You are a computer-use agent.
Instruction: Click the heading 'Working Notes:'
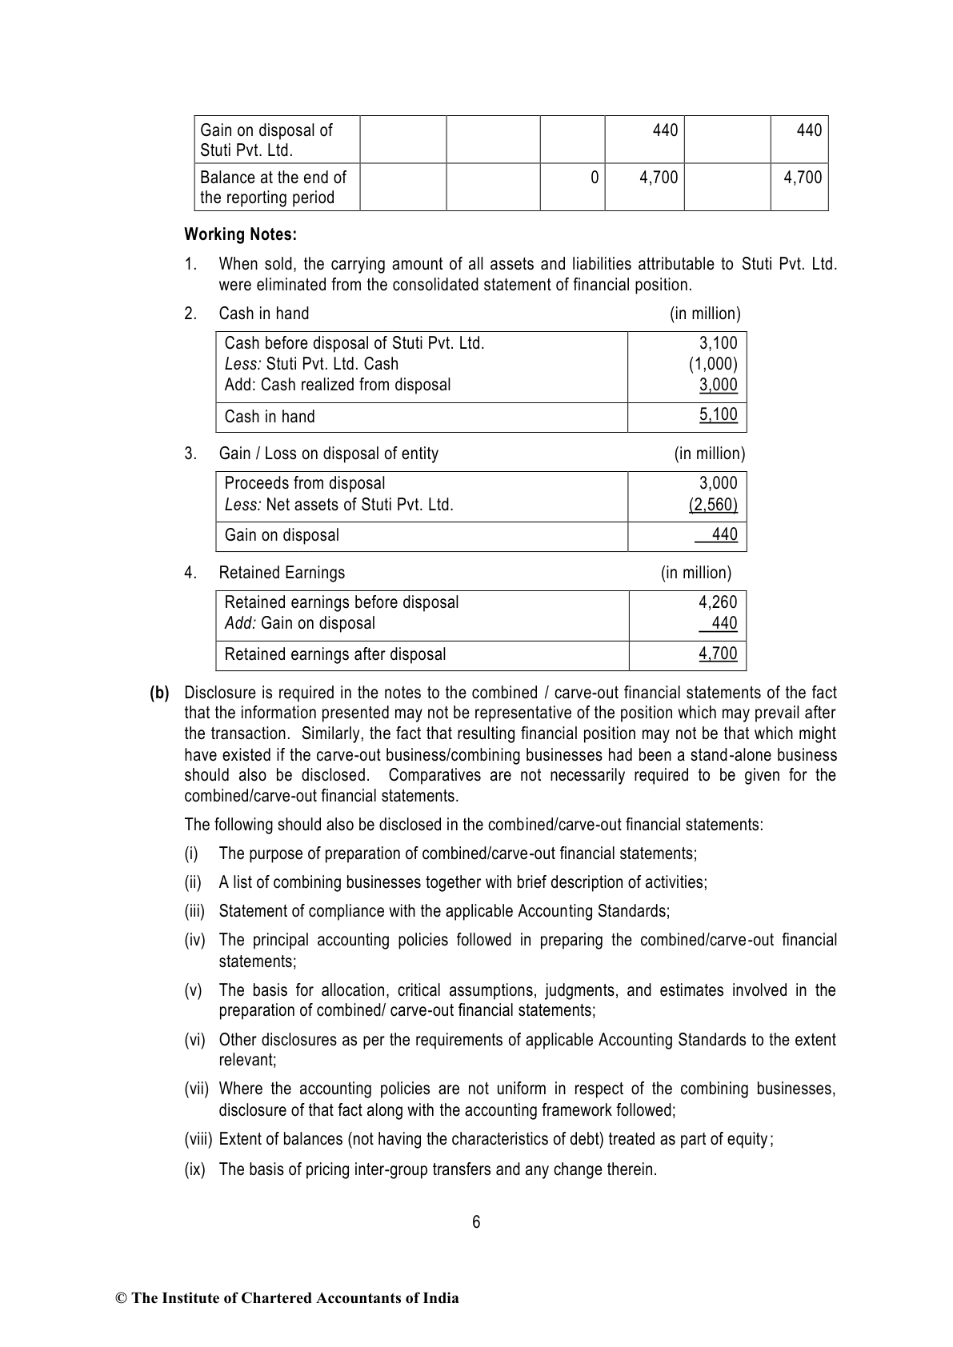click(240, 234)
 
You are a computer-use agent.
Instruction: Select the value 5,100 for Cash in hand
click(718, 414)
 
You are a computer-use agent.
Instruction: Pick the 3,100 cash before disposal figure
click(718, 343)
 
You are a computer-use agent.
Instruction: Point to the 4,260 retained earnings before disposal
click(718, 602)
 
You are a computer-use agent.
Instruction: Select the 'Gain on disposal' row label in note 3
click(282, 535)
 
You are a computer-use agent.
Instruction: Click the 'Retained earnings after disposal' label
click(335, 654)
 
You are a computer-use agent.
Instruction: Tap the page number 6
click(476, 1221)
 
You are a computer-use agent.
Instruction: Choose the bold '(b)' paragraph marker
click(159, 693)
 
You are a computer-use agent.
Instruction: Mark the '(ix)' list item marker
click(194, 1169)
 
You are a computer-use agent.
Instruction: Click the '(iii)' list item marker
click(195, 911)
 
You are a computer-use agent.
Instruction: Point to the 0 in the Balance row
click(594, 178)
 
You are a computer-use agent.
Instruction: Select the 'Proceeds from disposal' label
click(305, 483)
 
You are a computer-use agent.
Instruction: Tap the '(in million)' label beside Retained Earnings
click(695, 573)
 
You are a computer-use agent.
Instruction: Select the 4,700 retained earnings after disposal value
click(718, 654)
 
